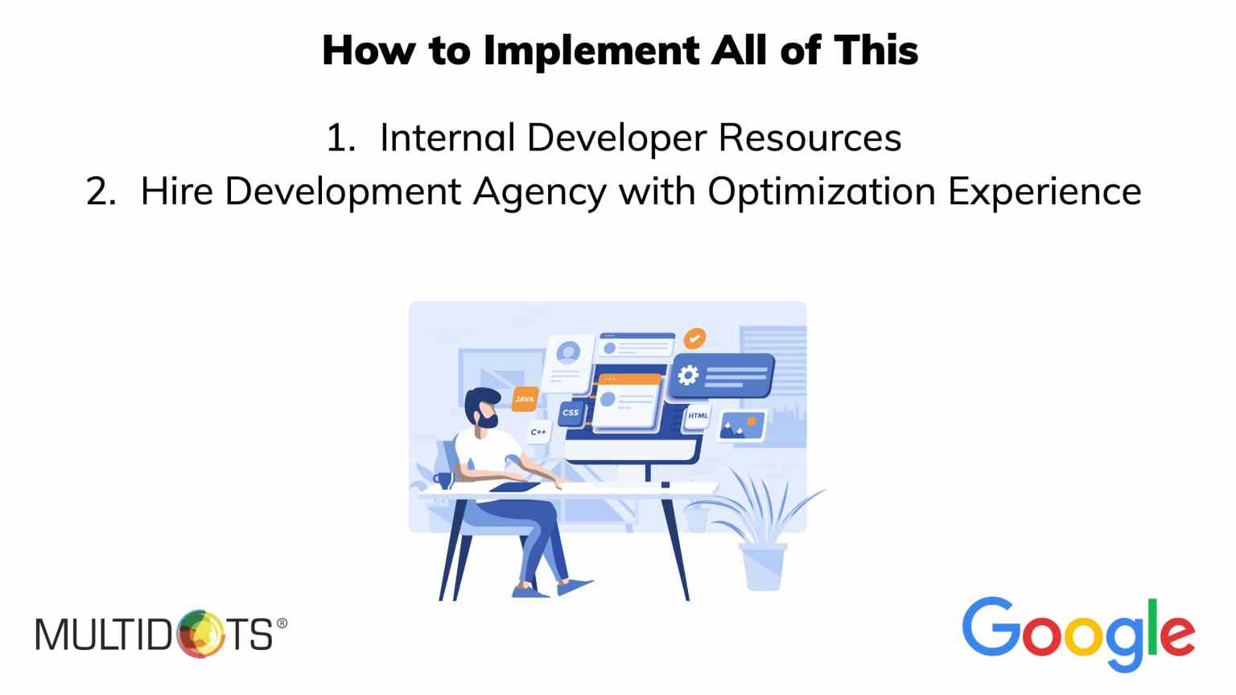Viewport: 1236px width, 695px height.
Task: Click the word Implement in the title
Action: pos(592,51)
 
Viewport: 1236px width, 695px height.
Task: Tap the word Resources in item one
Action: pos(810,138)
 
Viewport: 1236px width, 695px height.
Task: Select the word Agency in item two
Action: pos(540,192)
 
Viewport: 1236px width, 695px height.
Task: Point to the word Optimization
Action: pos(822,192)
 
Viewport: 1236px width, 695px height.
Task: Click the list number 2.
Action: pos(101,192)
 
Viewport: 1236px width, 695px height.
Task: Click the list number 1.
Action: pos(340,138)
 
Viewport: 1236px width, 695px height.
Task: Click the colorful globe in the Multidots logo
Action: pos(201,634)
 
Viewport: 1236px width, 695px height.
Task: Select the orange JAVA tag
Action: pos(524,399)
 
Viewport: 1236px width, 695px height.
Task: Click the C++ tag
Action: pos(538,432)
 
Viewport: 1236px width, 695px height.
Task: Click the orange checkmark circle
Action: pos(694,338)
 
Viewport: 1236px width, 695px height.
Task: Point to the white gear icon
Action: pos(688,376)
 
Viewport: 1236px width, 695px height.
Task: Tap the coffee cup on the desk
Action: pos(443,480)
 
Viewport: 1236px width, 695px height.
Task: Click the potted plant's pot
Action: pos(764,566)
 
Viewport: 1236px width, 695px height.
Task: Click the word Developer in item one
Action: pos(617,138)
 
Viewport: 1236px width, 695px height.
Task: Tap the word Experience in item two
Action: pos(1044,192)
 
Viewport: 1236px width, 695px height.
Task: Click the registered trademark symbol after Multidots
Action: pos(282,623)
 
